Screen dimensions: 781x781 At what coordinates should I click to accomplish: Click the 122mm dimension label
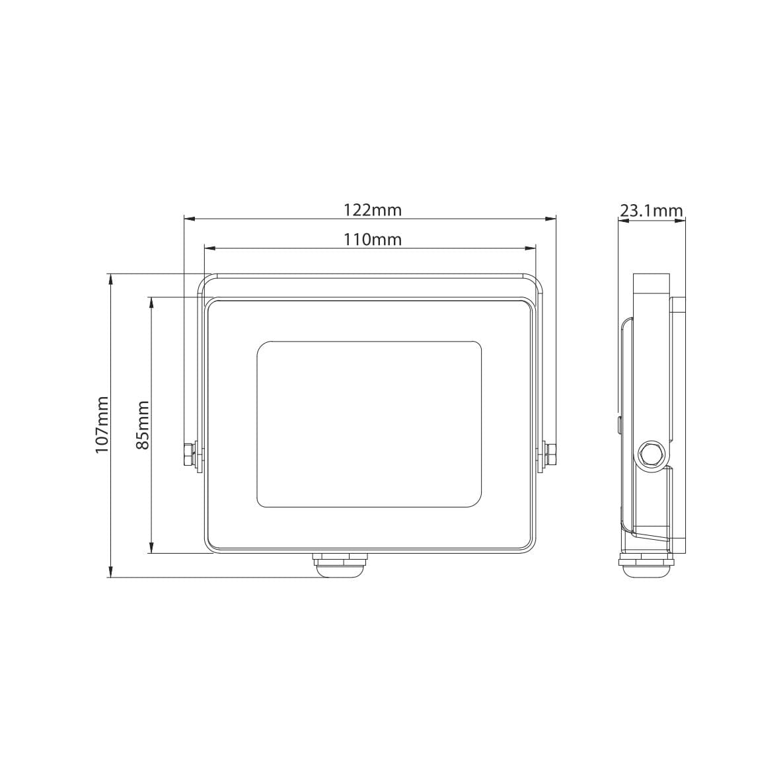[373, 210]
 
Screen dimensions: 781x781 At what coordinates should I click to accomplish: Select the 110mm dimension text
[373, 240]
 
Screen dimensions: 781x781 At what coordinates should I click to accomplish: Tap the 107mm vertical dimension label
[102, 425]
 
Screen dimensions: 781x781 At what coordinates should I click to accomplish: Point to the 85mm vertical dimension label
[143, 425]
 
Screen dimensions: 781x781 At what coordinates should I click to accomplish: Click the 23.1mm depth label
[651, 211]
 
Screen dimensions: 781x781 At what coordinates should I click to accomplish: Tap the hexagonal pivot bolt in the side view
[651, 454]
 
